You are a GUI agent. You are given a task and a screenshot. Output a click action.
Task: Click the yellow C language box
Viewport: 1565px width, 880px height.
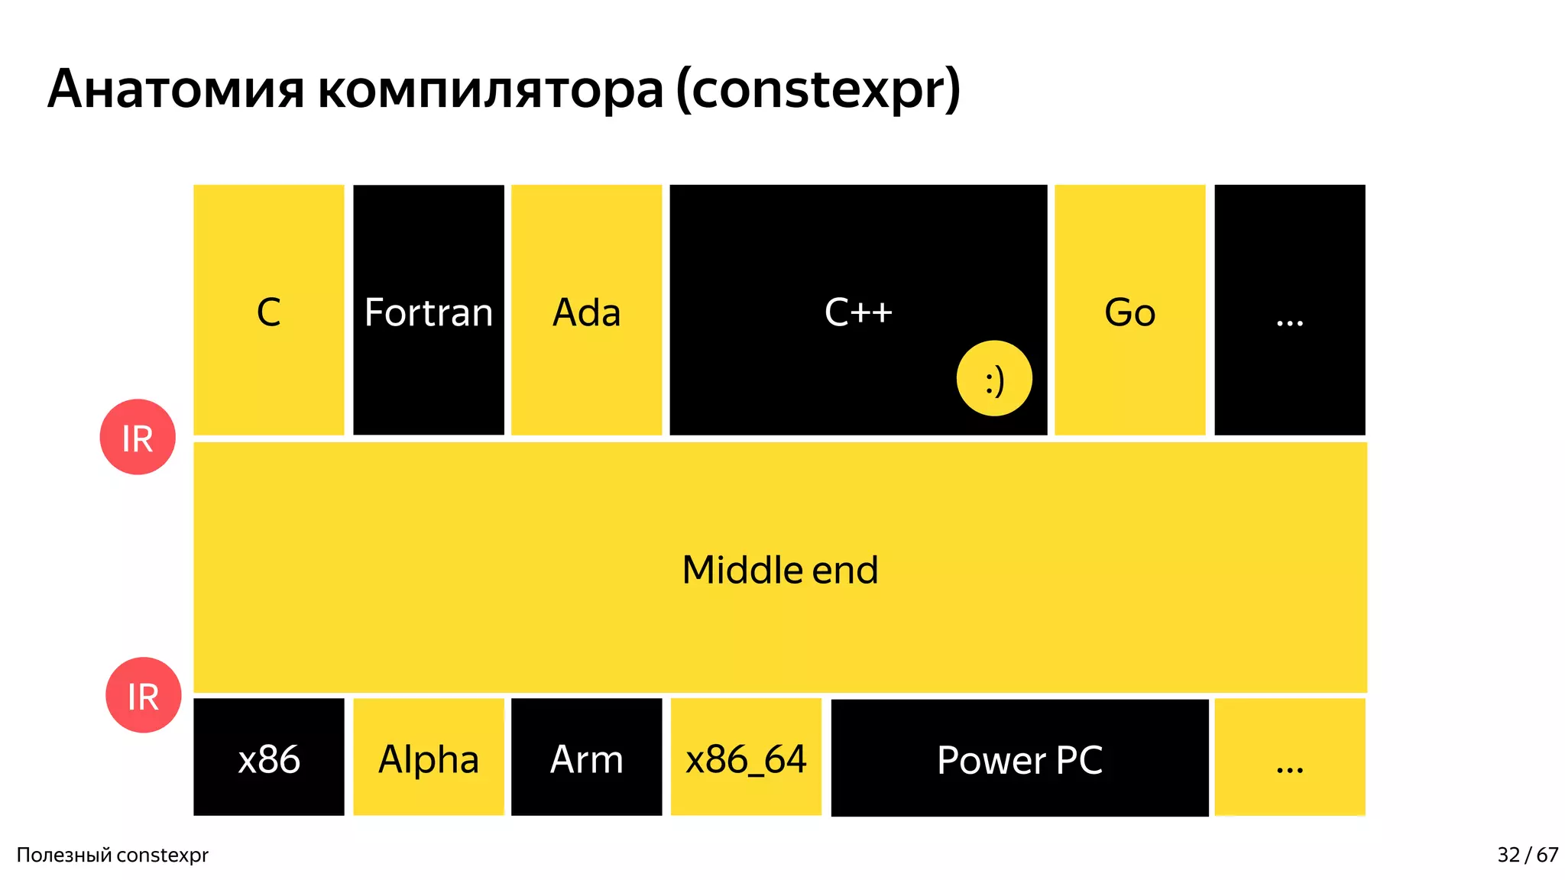(268, 309)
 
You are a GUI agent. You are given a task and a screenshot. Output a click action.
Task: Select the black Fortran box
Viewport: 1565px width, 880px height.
(428, 309)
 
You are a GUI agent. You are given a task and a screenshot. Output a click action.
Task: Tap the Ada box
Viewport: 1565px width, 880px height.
(586, 309)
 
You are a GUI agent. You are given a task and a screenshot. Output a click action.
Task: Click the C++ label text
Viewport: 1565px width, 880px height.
(858, 312)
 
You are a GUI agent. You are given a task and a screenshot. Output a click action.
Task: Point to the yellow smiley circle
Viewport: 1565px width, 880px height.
(993, 378)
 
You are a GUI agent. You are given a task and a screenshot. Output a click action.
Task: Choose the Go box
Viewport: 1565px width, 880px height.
(1129, 309)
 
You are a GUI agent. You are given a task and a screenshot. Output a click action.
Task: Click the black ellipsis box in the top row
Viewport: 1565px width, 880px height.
(1289, 309)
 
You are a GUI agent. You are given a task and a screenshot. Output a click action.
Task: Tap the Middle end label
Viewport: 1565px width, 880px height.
(779, 570)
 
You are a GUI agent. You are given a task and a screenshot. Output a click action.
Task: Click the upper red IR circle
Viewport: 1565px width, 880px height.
(138, 437)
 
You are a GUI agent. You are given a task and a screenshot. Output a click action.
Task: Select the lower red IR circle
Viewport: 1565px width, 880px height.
(143, 695)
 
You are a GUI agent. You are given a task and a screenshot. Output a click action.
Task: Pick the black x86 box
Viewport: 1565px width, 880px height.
(268, 757)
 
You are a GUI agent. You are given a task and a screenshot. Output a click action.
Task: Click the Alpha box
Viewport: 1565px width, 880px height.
(428, 757)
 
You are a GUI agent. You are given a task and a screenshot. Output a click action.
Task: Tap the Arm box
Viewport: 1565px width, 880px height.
(586, 757)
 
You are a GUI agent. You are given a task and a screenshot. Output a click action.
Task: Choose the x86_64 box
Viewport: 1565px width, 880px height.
(746, 757)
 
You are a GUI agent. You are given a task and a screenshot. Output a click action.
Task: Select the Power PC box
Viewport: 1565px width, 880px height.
(1019, 758)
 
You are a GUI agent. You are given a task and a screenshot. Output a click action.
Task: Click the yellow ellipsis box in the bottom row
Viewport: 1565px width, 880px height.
(1289, 757)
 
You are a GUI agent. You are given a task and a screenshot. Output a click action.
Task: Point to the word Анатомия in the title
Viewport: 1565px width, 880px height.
(176, 90)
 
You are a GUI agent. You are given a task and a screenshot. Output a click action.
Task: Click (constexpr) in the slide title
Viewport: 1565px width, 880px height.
(818, 90)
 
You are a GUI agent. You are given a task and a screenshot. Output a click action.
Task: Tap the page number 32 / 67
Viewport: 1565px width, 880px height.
(1527, 855)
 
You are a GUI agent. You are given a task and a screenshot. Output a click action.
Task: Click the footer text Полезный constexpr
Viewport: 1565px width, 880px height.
(112, 855)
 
